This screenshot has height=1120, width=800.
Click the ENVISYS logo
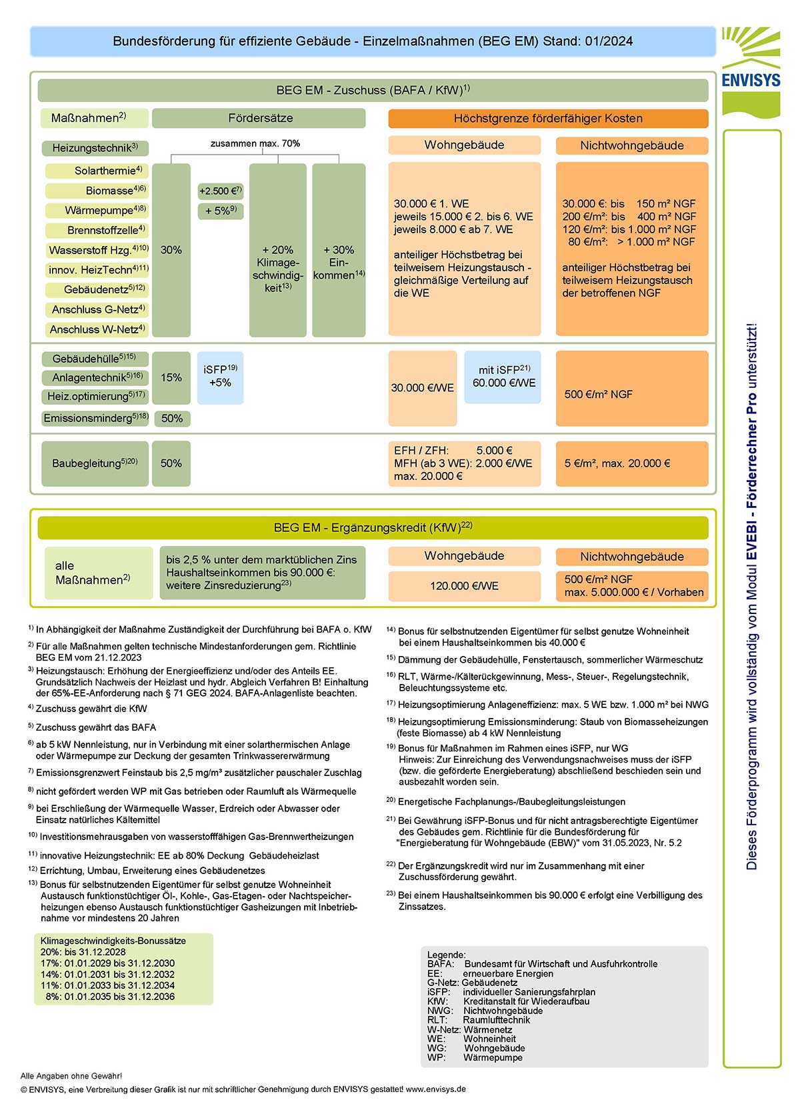click(x=751, y=70)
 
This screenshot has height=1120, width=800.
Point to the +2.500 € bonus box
click(x=220, y=191)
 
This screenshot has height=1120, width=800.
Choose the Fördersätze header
click(x=259, y=118)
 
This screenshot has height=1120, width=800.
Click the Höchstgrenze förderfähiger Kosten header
click(x=547, y=119)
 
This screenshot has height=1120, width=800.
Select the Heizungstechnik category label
click(x=95, y=148)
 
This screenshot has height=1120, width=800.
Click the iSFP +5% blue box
click(x=220, y=377)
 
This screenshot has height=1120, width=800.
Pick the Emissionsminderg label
click(x=95, y=419)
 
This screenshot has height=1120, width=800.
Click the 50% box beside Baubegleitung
click(x=171, y=463)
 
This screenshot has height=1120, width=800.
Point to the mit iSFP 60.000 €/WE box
click(x=503, y=377)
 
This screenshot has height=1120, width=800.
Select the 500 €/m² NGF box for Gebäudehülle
click(x=631, y=394)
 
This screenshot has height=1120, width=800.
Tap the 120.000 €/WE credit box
click(x=464, y=586)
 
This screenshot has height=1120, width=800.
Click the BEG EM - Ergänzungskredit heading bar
click(x=373, y=527)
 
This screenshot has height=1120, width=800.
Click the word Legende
click(x=446, y=955)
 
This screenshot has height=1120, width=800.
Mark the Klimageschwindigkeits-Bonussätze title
click(x=113, y=941)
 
